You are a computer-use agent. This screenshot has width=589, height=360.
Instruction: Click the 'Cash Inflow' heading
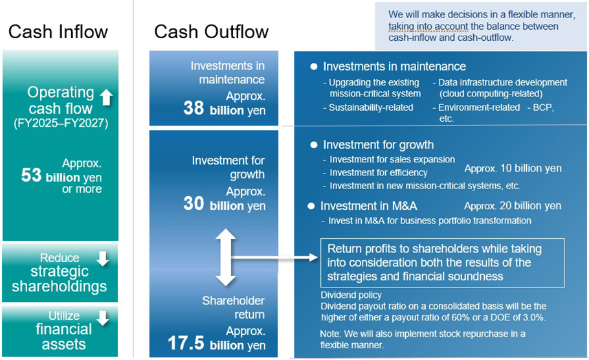click(58, 32)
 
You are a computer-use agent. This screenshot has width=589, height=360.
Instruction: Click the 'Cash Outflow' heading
click(212, 32)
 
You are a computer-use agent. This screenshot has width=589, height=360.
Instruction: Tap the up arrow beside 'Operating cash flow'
click(106, 98)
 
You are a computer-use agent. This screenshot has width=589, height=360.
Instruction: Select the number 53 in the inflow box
click(31, 175)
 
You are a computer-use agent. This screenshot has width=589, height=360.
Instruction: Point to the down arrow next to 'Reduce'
click(102, 258)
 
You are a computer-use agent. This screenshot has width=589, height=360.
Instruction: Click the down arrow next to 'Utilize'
click(102, 318)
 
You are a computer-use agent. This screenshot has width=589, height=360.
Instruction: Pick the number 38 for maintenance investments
click(194, 108)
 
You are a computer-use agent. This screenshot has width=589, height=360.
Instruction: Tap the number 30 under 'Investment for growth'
click(194, 204)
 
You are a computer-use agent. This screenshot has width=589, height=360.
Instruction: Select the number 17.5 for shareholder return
click(186, 343)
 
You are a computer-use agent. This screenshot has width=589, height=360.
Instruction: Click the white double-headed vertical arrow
click(226, 258)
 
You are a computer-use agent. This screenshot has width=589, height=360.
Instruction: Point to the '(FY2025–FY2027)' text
click(61, 123)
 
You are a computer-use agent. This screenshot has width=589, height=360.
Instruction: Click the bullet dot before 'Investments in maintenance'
click(314, 67)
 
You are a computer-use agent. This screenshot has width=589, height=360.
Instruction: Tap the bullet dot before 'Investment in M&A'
click(311, 206)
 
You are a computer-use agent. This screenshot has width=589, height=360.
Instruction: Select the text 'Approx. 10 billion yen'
click(513, 168)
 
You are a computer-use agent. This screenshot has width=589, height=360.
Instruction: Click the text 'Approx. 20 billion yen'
click(513, 206)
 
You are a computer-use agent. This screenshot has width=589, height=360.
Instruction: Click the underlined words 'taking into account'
click(428, 27)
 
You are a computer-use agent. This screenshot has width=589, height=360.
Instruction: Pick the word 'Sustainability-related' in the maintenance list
click(371, 107)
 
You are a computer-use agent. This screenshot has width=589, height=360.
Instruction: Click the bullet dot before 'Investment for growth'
click(314, 145)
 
